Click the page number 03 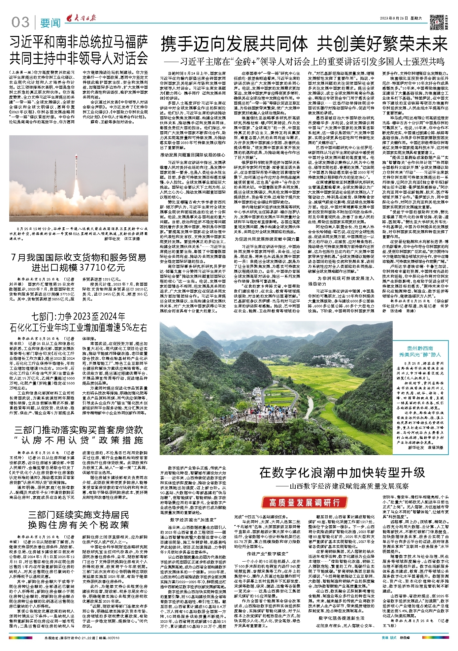(20, 22)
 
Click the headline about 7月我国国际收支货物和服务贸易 (79, 262)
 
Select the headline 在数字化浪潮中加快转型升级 (342, 472)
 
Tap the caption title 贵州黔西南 (420, 348)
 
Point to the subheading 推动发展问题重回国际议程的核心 (193, 155)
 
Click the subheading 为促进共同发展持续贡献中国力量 (267, 239)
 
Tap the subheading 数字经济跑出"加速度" (193, 520)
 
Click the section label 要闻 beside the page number (50, 23)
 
